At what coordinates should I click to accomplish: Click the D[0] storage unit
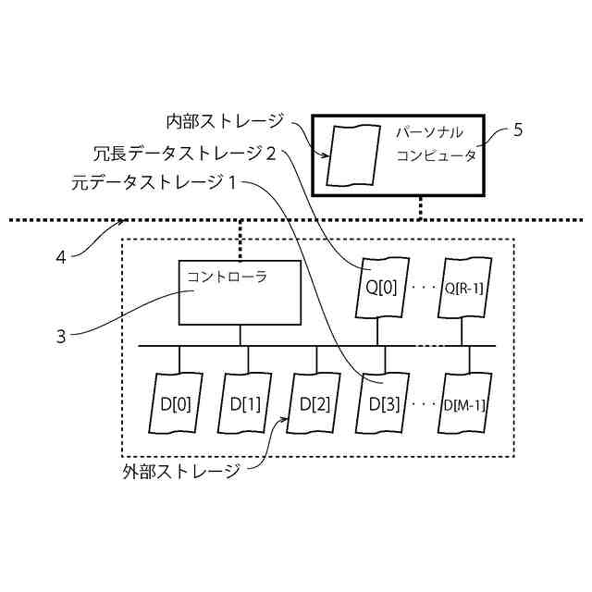click(176, 404)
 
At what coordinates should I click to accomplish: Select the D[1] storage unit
click(245, 404)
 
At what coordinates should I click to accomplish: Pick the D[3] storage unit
click(383, 404)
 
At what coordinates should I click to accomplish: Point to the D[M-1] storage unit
click(464, 404)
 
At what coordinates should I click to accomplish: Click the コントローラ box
click(239, 292)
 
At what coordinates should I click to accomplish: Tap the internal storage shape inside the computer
click(349, 154)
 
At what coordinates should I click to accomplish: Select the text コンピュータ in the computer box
click(437, 155)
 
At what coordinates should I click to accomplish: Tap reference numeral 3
click(60, 337)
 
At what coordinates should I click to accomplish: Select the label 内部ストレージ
click(225, 121)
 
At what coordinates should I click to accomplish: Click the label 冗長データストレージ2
click(185, 153)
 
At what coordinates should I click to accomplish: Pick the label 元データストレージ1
click(154, 183)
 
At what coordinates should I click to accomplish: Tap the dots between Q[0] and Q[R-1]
click(422, 287)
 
